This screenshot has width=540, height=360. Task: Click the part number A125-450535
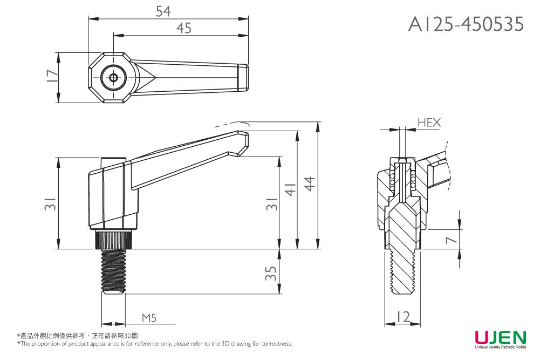pyautogui.click(x=466, y=24)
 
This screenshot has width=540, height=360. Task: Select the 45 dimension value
pyautogui.click(x=184, y=28)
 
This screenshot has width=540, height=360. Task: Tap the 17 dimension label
pyautogui.click(x=51, y=76)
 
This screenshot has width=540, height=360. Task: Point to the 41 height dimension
pyautogui.click(x=290, y=190)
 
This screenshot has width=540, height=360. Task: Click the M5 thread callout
pyautogui.click(x=149, y=318)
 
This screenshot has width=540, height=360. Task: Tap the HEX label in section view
pyautogui.click(x=429, y=123)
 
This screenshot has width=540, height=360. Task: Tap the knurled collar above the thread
pyautogui.click(x=114, y=240)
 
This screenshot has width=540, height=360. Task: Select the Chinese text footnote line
pyautogui.click(x=78, y=336)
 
